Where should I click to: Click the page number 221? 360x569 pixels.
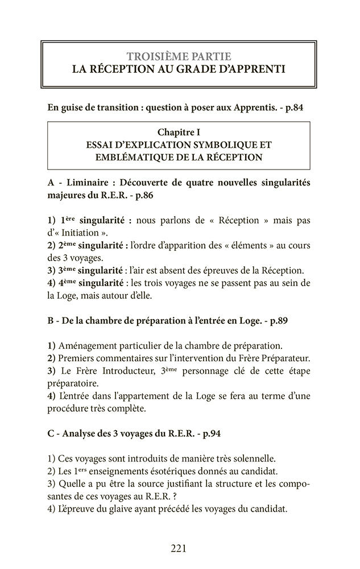(179, 549)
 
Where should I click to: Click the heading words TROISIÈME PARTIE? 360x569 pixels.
(179, 56)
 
